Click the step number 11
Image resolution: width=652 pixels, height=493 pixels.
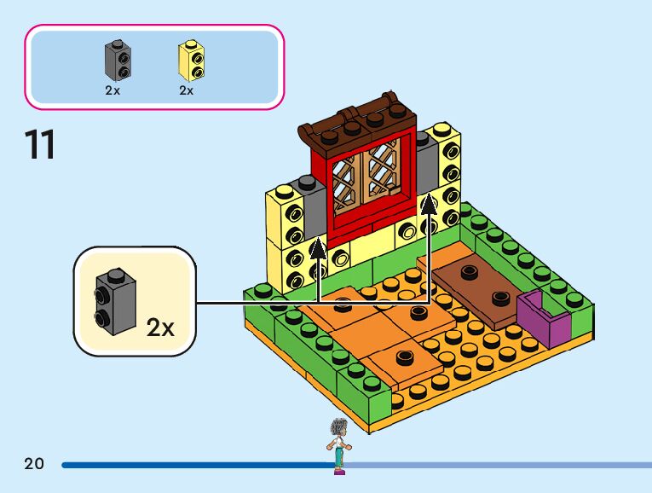pyautogui.click(x=40, y=145)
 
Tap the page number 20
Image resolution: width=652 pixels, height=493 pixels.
pyautogui.click(x=34, y=465)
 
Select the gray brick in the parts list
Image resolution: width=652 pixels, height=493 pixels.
pyautogui.click(x=117, y=59)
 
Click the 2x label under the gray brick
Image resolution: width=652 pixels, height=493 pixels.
pyautogui.click(x=113, y=90)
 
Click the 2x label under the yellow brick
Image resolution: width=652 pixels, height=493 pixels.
pyautogui.click(x=187, y=90)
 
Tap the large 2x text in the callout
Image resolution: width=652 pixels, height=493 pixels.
pyautogui.click(x=160, y=327)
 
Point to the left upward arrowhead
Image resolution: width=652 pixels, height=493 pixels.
pyautogui.click(x=318, y=247)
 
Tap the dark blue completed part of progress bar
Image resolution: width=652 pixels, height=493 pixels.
pyautogui.click(x=196, y=466)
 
